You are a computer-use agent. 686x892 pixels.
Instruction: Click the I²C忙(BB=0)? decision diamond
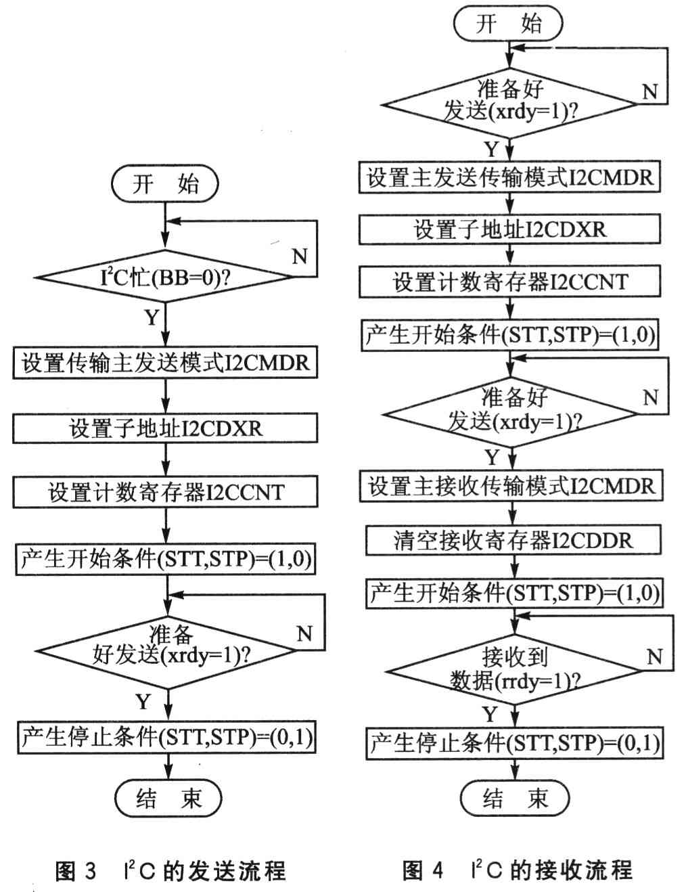165,277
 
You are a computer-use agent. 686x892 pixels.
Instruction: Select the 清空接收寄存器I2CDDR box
513,540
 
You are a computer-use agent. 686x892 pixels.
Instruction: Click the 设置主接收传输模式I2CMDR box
511,486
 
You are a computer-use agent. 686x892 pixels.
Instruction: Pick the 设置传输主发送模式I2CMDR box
165,363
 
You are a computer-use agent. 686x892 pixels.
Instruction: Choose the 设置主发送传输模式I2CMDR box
509,177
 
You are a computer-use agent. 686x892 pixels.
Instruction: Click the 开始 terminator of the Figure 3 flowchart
165,183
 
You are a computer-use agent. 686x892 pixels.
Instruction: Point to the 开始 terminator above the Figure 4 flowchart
508,23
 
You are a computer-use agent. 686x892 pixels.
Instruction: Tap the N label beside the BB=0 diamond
300,256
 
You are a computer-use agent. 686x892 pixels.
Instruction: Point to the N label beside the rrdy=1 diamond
654,656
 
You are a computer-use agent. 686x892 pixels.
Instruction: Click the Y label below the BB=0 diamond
152,317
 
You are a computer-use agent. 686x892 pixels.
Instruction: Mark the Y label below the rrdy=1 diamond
490,714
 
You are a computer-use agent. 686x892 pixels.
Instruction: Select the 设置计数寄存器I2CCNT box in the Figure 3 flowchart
165,492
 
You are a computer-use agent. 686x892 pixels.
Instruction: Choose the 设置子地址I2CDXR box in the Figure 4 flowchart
509,229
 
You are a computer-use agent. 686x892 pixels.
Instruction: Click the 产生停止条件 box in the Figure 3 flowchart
166,738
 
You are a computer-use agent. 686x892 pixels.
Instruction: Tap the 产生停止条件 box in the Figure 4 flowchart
514,743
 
